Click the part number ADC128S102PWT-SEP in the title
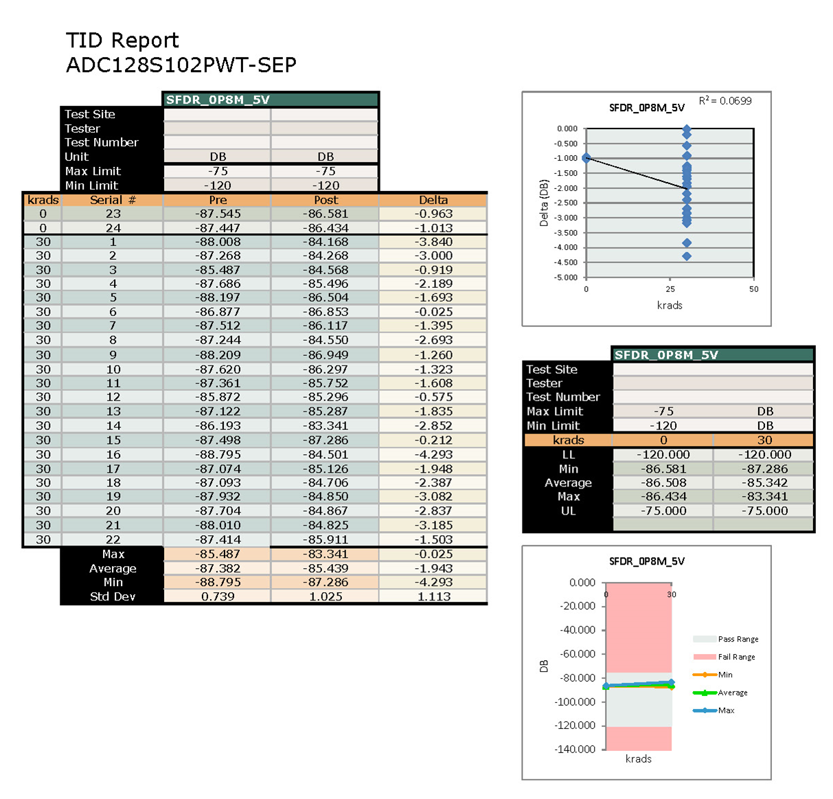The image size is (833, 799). [x=181, y=65]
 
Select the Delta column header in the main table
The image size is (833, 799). [x=433, y=200]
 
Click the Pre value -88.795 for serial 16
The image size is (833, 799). [x=218, y=454]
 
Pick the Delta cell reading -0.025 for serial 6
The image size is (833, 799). [x=433, y=311]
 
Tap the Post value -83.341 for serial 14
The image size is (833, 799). [x=326, y=425]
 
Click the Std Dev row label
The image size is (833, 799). [x=113, y=596]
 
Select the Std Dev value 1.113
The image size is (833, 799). [x=433, y=596]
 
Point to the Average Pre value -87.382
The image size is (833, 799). [x=218, y=568]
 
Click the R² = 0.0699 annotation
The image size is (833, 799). [x=725, y=101]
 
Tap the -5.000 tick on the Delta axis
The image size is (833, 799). [x=567, y=278]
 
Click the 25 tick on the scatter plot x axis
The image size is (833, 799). [x=670, y=289]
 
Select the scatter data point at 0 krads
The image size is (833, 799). [x=586, y=158]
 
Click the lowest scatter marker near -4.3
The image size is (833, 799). [x=687, y=256]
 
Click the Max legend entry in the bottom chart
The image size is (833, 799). [x=726, y=710]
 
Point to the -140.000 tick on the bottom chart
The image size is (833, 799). [x=575, y=749]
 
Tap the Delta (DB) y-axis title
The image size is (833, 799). [x=544, y=203]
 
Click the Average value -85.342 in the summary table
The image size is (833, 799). [x=764, y=482]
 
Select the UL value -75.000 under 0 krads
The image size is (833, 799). [x=663, y=510]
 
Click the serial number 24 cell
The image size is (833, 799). [x=113, y=228]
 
